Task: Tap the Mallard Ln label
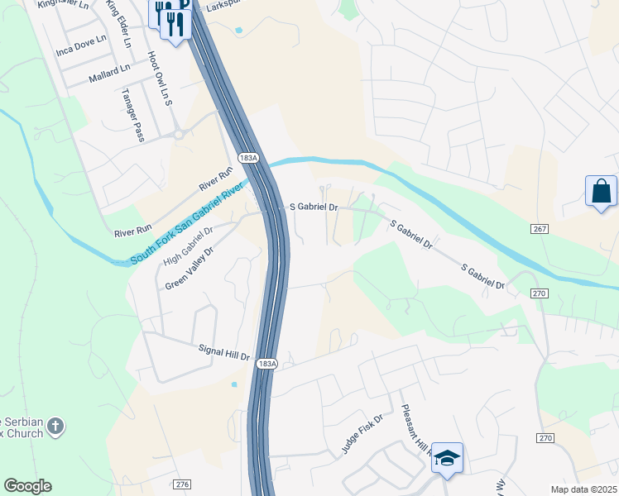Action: [109, 74]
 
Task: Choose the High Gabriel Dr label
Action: [188, 246]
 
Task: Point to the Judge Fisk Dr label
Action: [362, 435]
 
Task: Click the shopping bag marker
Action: [601, 192]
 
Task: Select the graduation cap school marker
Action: [447, 459]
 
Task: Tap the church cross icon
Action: [55, 427]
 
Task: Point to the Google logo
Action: [27, 486]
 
